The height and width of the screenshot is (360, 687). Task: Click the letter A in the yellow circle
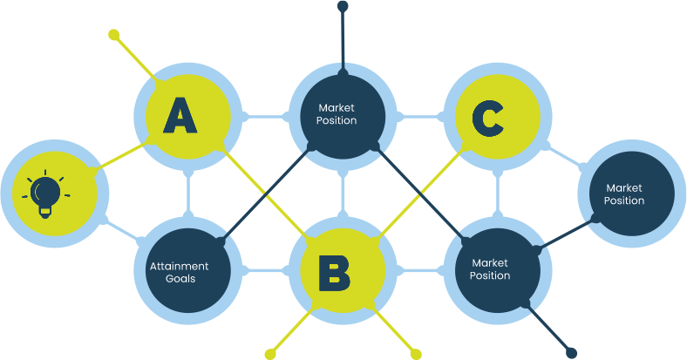pyautogui.click(x=180, y=115)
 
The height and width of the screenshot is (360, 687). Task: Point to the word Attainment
pyautogui.click(x=179, y=266)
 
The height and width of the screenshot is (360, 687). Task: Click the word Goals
pyautogui.click(x=179, y=279)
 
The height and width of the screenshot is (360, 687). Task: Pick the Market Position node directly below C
pyautogui.click(x=491, y=268)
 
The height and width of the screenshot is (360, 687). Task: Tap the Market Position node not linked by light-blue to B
pyautogui.click(x=624, y=194)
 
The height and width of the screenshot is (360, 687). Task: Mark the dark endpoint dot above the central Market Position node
pyautogui.click(x=343, y=7)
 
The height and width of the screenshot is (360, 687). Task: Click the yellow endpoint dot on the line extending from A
pyautogui.click(x=113, y=35)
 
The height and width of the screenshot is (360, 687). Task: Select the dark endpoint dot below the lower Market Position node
pyautogui.click(x=571, y=353)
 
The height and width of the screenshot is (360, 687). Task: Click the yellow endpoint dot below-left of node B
pyautogui.click(x=270, y=354)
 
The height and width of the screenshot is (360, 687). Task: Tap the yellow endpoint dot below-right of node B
pyautogui.click(x=416, y=354)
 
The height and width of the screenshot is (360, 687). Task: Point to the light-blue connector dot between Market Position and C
pyautogui.click(x=399, y=115)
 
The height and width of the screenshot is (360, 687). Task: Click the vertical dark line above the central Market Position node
pyautogui.click(x=343, y=39)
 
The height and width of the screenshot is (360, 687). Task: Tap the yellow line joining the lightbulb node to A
pyautogui.click(x=122, y=154)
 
